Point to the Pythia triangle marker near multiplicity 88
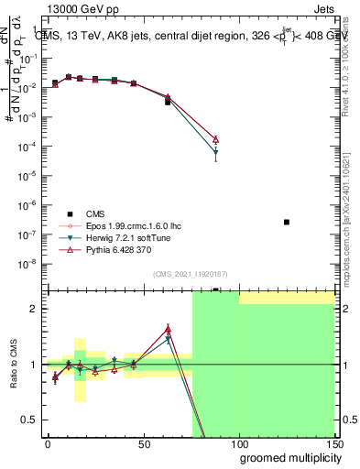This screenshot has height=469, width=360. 215,139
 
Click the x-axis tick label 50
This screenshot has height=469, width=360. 144,443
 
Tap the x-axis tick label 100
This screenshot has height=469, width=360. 239,443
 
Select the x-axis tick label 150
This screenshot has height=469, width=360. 333,443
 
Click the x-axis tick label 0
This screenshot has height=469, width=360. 48,443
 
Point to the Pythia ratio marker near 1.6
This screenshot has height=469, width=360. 168,329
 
